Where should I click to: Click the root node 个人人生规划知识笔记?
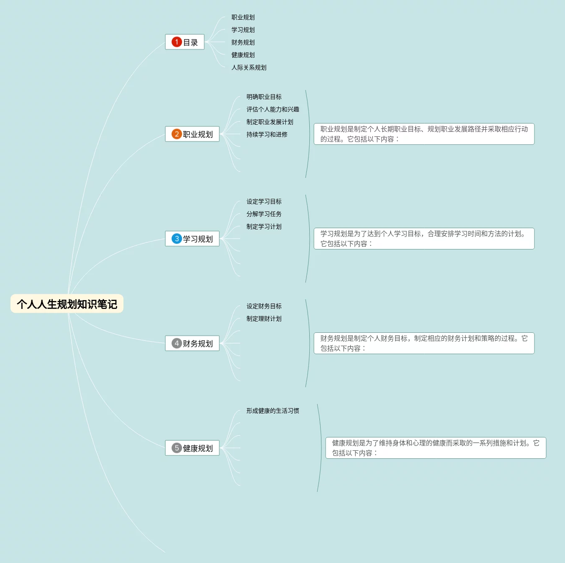(x=67, y=304)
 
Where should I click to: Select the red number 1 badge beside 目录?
(x=177, y=42)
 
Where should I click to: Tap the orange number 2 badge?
(x=177, y=134)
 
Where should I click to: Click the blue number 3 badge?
(x=177, y=239)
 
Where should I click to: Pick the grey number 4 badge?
(x=177, y=343)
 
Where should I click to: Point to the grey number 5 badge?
(x=177, y=448)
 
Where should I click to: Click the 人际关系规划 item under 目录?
(x=249, y=67)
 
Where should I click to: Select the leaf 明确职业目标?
(x=264, y=97)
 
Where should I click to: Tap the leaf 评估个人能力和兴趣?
(x=273, y=109)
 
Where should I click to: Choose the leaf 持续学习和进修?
(x=267, y=134)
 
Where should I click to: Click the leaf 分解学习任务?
(x=264, y=214)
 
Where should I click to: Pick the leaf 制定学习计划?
(x=264, y=226)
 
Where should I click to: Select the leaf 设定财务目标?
(x=264, y=306)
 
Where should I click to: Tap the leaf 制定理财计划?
(x=264, y=319)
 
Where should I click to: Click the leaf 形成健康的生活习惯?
(x=273, y=411)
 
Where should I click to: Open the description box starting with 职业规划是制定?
(x=424, y=134)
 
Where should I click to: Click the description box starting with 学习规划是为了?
(x=424, y=239)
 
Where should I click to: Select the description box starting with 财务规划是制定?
(x=424, y=343)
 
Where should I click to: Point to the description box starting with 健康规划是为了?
(x=436, y=448)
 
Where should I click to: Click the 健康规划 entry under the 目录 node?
(x=243, y=55)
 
